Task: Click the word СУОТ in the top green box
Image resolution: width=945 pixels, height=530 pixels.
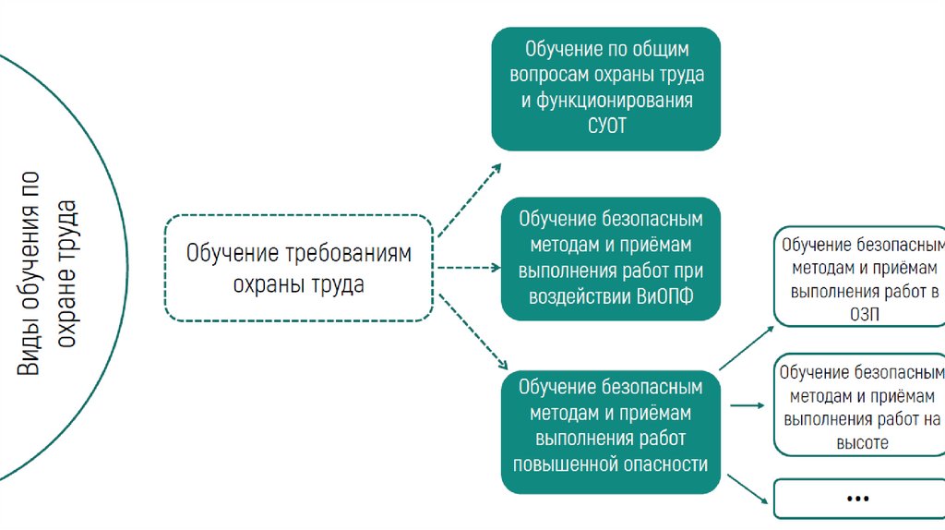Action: click(605, 126)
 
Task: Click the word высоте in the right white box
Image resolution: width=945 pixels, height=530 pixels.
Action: click(862, 442)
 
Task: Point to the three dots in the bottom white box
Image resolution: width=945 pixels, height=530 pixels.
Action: click(858, 499)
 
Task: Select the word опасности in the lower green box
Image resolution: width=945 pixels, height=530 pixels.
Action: click(663, 464)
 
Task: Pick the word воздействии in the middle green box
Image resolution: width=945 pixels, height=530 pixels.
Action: click(581, 297)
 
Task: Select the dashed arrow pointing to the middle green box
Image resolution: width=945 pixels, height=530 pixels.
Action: click(468, 268)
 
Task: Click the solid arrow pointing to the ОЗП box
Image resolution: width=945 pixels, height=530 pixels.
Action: click(746, 347)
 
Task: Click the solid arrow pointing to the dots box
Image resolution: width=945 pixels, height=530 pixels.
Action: click(748, 489)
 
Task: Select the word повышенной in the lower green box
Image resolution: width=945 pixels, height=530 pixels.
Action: click(565, 464)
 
